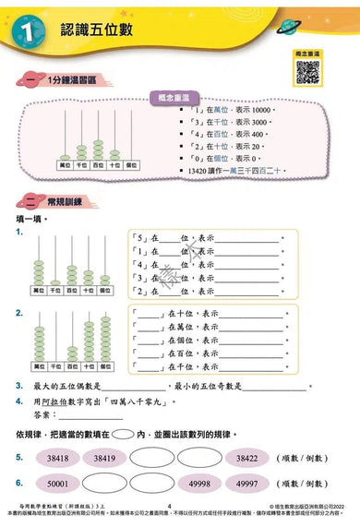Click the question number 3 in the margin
(19, 388)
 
